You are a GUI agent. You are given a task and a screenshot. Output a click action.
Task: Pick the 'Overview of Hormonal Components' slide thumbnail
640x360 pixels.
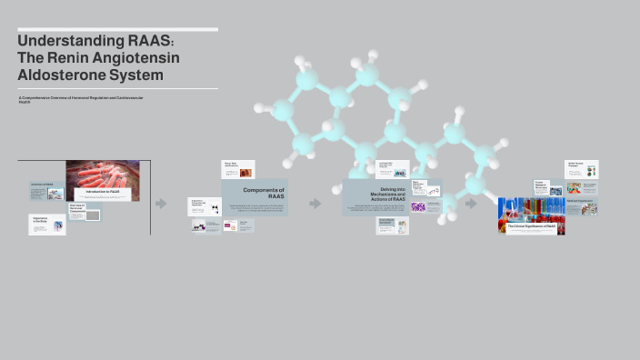coord(85,211)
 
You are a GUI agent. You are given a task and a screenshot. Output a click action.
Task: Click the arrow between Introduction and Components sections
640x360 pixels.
coord(161,204)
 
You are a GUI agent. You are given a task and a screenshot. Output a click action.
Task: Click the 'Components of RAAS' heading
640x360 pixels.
coord(265,193)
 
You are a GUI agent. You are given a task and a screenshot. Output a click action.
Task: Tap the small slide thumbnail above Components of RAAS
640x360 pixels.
coord(238,169)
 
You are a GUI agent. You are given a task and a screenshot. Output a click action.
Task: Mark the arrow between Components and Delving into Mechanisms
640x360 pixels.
coord(315,204)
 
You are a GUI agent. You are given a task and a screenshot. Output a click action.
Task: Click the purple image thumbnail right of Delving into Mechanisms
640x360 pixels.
coord(418,206)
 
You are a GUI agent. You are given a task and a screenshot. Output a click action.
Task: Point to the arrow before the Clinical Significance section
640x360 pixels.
coord(471,204)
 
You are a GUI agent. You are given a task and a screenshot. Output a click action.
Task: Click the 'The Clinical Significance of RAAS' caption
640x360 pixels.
coord(531,225)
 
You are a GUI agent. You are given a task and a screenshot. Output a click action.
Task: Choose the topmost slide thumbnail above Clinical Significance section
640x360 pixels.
coord(582,169)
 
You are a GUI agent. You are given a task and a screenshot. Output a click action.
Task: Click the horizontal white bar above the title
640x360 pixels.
coord(117,30)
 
